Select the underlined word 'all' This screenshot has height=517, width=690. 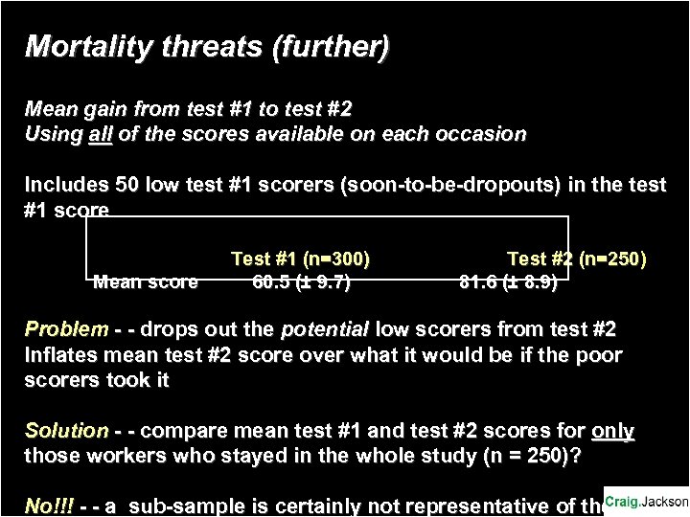coord(100,134)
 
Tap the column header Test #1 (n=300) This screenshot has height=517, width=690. coord(301,258)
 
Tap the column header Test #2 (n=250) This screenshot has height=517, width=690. coord(577,258)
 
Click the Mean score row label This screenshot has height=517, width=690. coord(146,281)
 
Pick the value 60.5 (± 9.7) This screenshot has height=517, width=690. coord(301,281)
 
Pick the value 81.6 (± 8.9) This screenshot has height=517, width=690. coord(509,281)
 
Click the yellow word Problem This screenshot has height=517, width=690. coord(66,330)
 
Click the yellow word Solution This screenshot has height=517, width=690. coord(66,432)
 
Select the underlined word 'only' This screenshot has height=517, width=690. coord(612,432)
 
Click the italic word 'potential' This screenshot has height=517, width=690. coord(324,330)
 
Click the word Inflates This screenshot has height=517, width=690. coord(60,356)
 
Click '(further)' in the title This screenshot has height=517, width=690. coord(332,46)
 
